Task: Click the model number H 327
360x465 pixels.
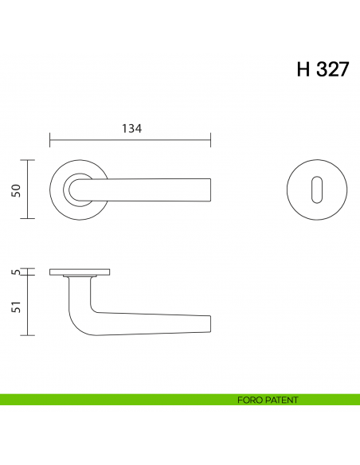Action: point(323,69)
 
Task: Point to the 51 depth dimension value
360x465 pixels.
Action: point(16,306)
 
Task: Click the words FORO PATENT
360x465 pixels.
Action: point(268,400)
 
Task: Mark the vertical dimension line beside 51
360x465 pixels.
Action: point(29,307)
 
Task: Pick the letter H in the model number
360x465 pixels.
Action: point(303,69)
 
